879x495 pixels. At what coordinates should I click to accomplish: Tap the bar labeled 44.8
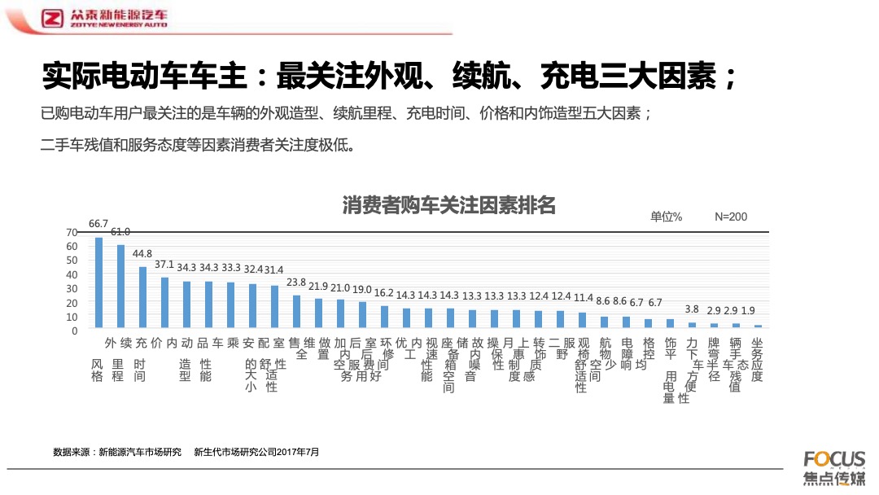click(142, 298)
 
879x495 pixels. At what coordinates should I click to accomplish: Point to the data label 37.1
click(164, 265)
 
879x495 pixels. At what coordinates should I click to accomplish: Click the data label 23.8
click(296, 283)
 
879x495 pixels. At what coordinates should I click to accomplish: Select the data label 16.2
click(384, 293)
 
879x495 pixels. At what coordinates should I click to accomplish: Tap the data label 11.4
click(583, 299)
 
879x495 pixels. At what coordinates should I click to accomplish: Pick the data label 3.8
click(692, 309)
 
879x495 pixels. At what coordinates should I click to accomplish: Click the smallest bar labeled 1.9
click(758, 326)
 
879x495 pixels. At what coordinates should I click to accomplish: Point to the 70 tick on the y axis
click(72, 232)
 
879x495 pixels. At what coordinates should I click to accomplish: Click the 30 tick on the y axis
click(72, 288)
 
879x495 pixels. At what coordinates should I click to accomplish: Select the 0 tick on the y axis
click(74, 331)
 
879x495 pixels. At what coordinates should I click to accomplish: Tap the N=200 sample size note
click(731, 217)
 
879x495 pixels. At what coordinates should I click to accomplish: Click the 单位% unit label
click(666, 217)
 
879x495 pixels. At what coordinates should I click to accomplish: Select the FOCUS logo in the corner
click(834, 458)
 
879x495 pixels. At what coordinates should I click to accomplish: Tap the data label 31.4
click(274, 269)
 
